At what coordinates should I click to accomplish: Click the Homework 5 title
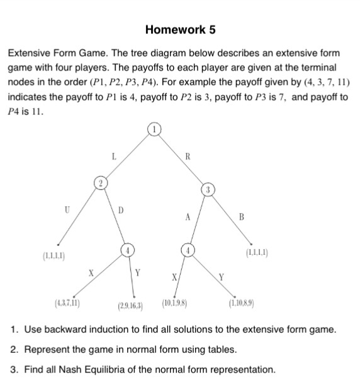180,30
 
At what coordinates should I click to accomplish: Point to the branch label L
113,153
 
